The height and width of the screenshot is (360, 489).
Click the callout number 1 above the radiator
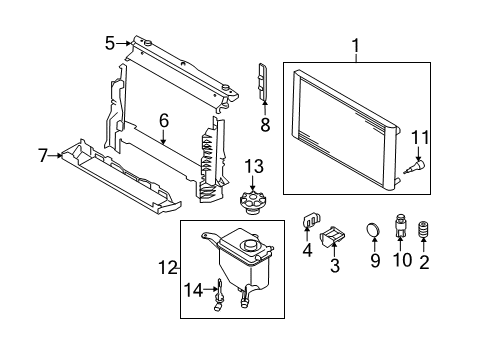point(356,46)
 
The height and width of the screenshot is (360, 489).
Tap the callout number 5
point(110,43)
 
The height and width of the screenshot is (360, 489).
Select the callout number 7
point(43,156)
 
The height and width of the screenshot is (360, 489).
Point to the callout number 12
point(168,267)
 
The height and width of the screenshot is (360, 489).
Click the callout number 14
point(194,290)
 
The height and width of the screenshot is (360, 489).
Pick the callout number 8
point(265,125)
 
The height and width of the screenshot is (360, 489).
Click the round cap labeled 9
point(373,229)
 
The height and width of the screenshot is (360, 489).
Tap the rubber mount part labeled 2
point(423,230)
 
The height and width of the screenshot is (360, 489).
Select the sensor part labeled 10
point(400,225)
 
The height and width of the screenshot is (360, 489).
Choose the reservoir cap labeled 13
point(253,202)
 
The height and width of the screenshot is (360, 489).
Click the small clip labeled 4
point(311,219)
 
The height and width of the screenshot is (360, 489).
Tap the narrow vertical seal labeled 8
point(263,81)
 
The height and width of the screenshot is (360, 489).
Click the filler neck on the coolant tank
point(250,246)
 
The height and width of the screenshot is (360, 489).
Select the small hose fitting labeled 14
point(219,295)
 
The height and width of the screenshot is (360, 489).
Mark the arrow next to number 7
point(55,155)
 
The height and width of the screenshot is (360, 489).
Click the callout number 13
point(254,166)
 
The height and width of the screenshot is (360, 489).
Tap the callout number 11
point(420,137)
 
